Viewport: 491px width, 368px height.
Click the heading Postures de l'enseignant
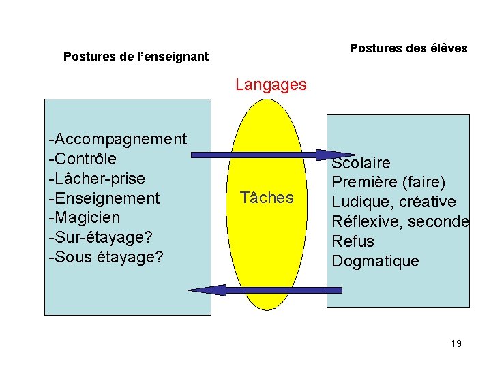pos(136,57)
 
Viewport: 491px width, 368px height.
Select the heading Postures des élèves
pos(408,48)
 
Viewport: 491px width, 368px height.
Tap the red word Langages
pos(271,85)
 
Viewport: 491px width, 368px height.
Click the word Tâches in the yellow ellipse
pos(267,198)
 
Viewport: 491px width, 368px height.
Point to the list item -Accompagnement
pos(118,139)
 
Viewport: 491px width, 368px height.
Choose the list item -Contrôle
pos(83,159)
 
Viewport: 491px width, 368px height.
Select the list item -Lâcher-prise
pos(97,179)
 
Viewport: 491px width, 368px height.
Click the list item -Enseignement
pos(104,198)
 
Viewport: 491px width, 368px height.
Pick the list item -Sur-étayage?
pos(101,238)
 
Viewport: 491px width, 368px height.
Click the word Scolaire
pos(361,163)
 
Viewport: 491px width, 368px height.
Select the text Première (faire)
pos(388,183)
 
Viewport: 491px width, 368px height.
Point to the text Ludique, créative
pos(393,202)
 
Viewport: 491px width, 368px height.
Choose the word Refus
pos(353,242)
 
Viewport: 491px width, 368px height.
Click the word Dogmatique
pos(375,262)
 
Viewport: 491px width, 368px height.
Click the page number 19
pos(456,343)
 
